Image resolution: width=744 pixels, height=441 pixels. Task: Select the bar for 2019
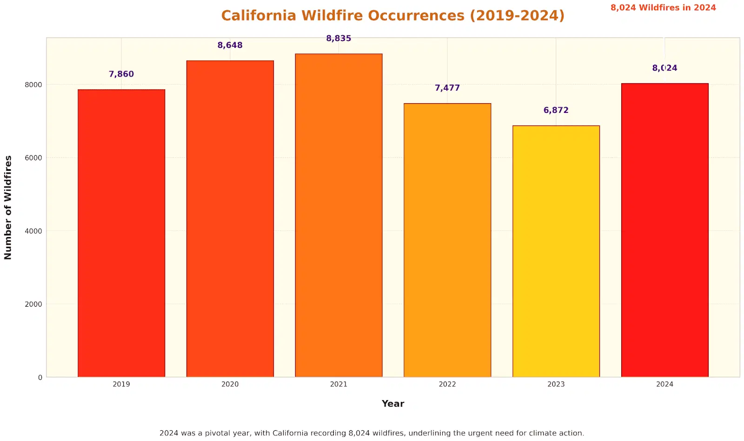click(x=121, y=232)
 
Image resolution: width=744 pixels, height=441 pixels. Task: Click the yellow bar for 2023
click(x=556, y=251)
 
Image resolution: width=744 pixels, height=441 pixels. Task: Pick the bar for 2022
click(x=447, y=240)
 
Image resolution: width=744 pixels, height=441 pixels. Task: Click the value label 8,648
click(x=230, y=46)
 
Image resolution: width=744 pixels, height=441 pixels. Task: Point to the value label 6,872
click(x=556, y=111)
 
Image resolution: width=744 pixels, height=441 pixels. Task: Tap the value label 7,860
click(x=121, y=74)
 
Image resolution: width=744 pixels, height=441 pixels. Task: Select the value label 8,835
click(x=339, y=39)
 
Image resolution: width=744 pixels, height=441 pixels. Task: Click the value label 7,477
click(x=447, y=88)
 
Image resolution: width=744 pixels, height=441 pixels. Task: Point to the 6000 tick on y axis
click(x=33, y=158)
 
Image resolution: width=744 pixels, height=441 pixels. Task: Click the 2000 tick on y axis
click(x=33, y=304)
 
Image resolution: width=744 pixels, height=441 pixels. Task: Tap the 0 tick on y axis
click(x=40, y=378)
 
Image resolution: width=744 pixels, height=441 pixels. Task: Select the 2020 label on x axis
click(x=230, y=384)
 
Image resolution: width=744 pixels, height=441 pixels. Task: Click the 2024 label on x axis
click(x=664, y=384)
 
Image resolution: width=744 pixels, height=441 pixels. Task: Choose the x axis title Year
click(x=393, y=404)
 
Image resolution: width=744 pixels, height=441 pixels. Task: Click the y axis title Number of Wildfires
click(x=8, y=207)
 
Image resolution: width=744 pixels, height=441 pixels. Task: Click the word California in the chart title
click(x=259, y=16)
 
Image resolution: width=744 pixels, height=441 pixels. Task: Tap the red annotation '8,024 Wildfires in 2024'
click(x=663, y=8)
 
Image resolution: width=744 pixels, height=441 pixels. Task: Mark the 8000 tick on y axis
click(x=33, y=85)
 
